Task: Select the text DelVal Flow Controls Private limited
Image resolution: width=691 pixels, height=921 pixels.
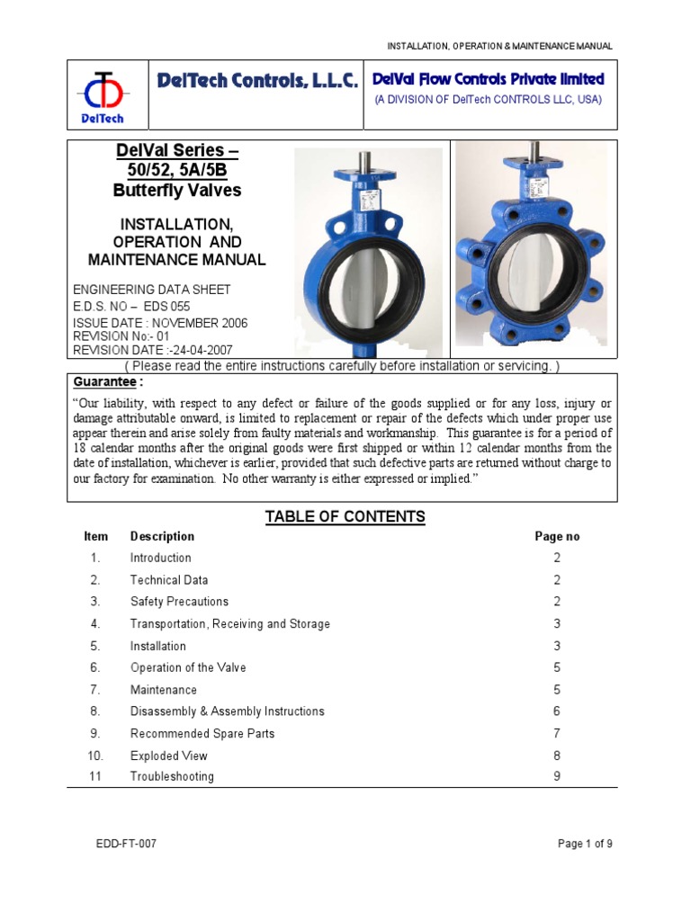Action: tap(489, 79)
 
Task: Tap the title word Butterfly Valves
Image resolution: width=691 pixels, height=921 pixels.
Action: tap(177, 190)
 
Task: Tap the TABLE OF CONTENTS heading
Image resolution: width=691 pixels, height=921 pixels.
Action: tap(345, 516)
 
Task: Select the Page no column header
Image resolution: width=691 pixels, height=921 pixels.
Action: tap(557, 537)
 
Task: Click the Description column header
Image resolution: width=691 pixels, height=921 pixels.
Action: tap(162, 537)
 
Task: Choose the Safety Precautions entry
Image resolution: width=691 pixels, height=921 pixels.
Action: tap(179, 602)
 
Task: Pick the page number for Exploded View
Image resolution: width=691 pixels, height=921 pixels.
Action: tap(557, 756)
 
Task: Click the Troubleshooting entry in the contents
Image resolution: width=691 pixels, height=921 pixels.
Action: tap(172, 776)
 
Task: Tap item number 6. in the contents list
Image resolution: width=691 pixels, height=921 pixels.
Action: tap(95, 667)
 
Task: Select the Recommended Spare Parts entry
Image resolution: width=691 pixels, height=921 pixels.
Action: tap(202, 734)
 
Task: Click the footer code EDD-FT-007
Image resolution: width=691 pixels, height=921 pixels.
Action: tap(131, 844)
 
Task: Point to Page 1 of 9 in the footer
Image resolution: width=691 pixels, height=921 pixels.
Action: tap(586, 844)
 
